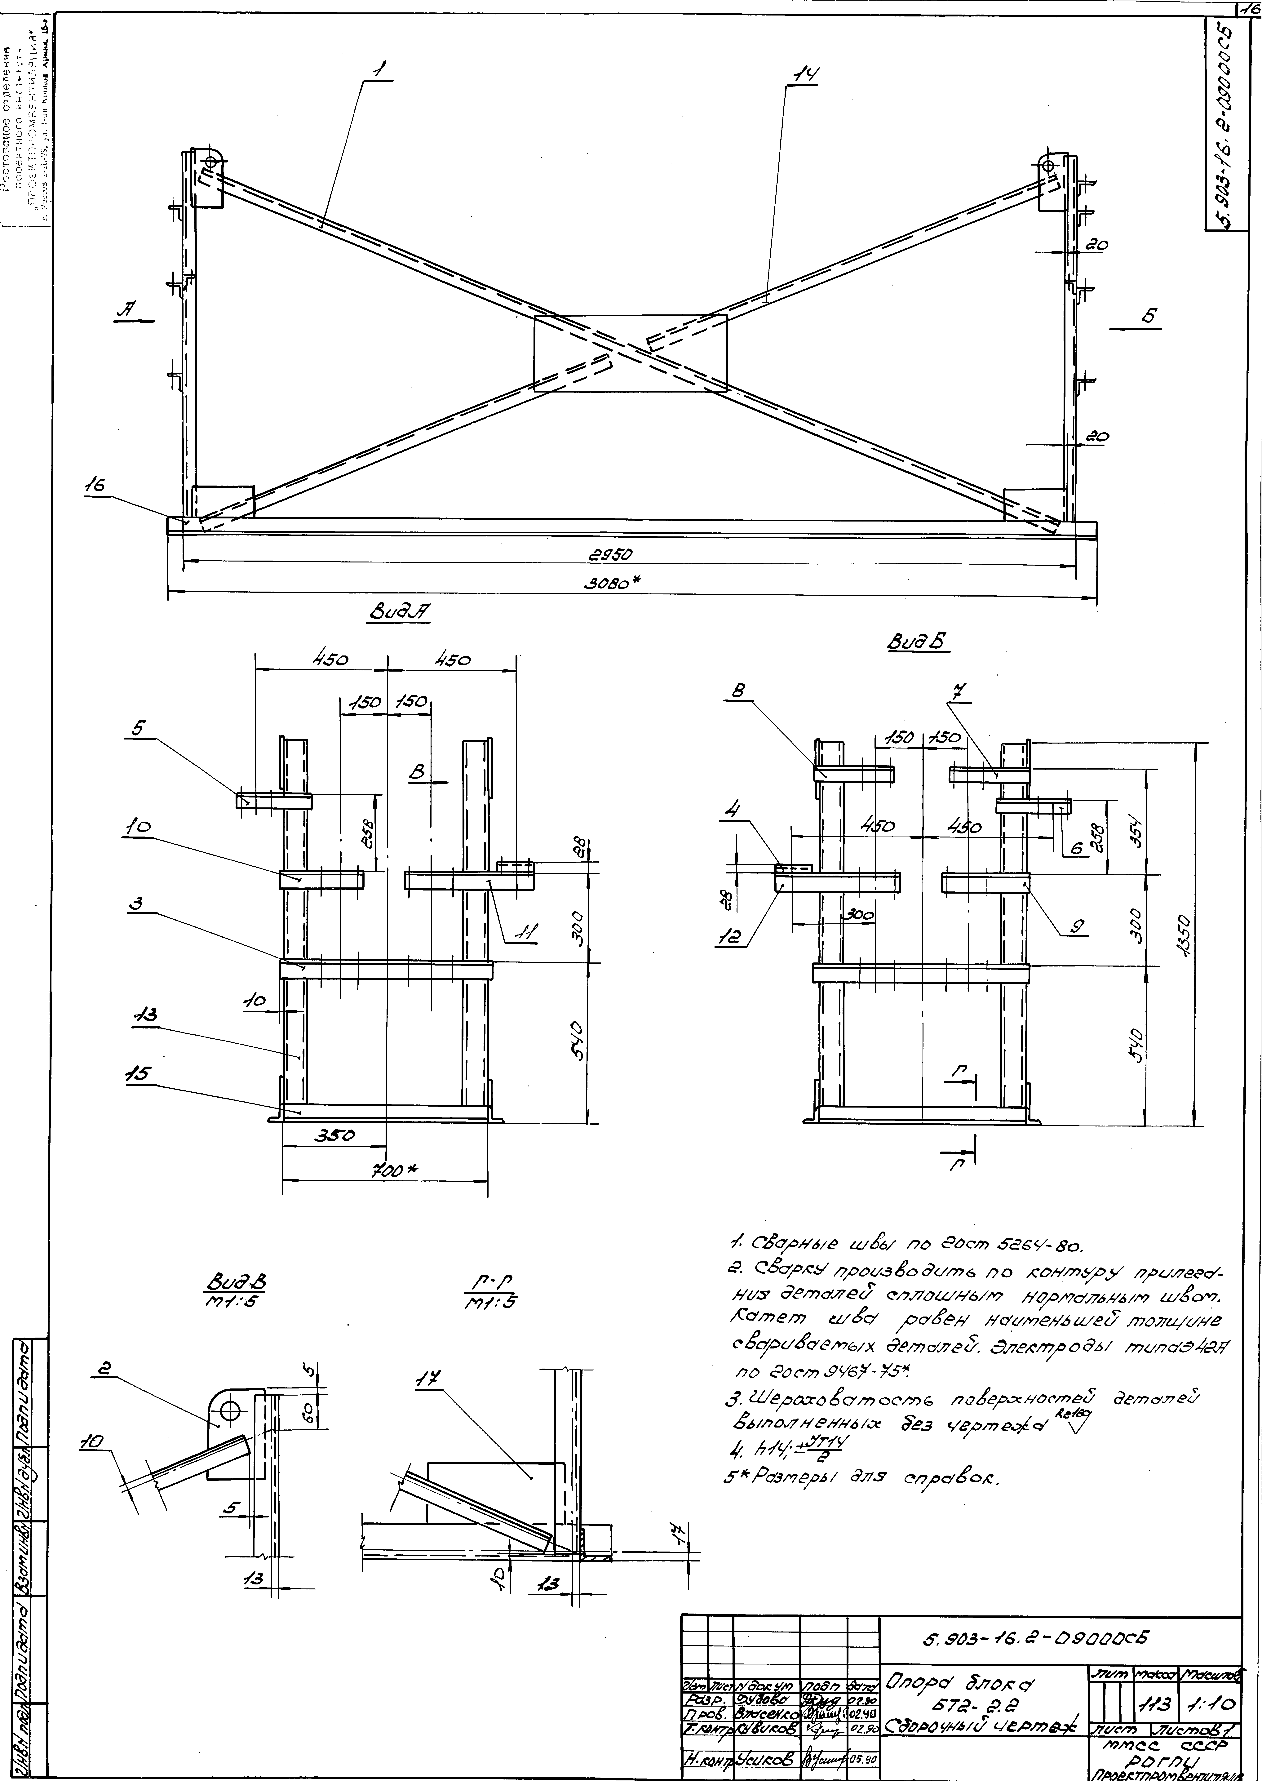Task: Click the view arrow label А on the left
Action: point(124,309)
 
